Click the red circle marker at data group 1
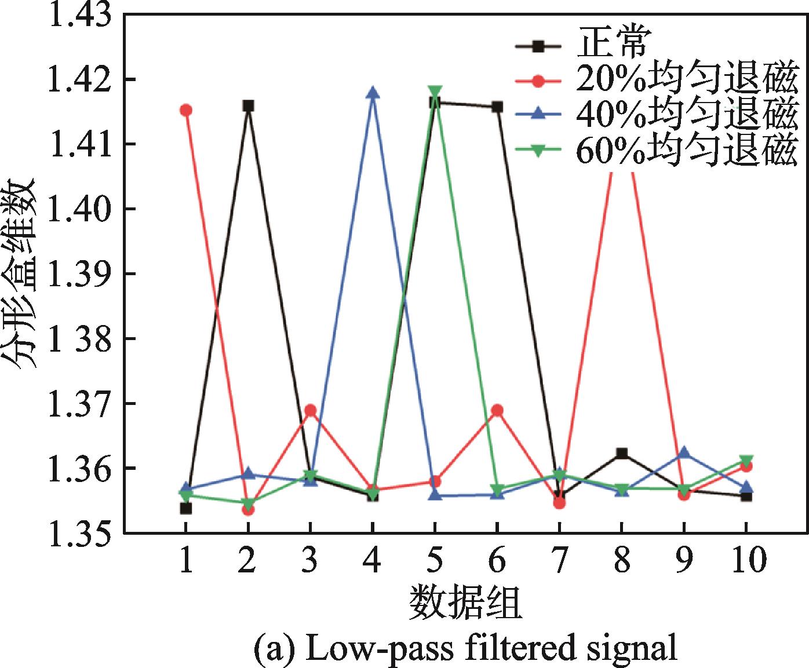185,110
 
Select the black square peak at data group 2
248,105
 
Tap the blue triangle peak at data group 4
373,93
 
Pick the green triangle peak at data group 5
435,92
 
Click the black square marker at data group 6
497,107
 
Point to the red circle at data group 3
310,410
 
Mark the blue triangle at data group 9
684,452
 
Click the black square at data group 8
622,453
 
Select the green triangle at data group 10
746,461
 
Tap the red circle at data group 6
497,410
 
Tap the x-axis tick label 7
559,560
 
